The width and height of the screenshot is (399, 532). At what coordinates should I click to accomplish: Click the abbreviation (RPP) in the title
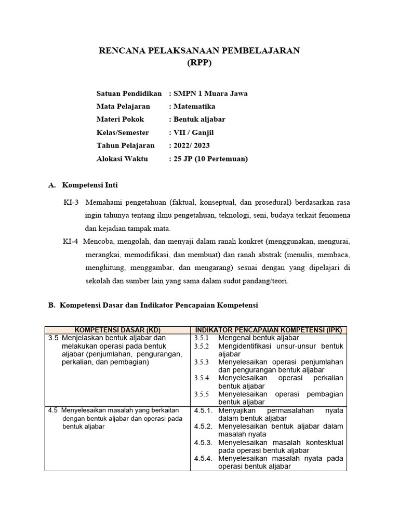pos(199,63)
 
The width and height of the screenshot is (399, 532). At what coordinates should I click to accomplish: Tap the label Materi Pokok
pos(121,119)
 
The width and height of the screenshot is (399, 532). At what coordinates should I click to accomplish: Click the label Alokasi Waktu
pos(123,158)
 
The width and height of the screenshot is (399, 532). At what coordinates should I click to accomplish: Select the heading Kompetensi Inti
pos(93,185)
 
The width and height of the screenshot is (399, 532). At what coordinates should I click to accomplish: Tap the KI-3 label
pos(70,202)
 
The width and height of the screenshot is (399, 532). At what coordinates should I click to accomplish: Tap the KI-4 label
pos(70,242)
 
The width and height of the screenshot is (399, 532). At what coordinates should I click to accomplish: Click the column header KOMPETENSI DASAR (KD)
pos(117,330)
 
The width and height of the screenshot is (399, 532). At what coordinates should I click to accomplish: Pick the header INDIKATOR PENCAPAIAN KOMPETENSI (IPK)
pos(268,330)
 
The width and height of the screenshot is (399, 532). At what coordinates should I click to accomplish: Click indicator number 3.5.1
pos(201,338)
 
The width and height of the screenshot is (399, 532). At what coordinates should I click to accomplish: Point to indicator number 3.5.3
pos(201,362)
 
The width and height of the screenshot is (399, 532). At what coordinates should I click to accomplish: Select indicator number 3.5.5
pos(201,394)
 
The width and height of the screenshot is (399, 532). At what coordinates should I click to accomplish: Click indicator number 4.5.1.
pos(203,410)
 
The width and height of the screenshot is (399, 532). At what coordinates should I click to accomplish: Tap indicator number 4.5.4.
pos(203,459)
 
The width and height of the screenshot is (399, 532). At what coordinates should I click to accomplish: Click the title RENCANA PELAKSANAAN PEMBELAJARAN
pos(199,50)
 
